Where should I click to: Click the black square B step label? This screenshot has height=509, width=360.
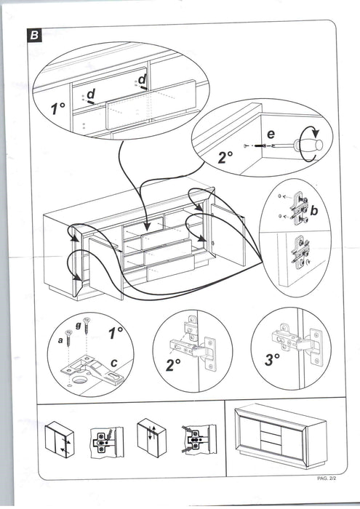(34, 36)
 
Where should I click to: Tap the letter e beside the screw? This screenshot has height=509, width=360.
(271, 134)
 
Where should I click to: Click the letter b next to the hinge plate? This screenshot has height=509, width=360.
(314, 211)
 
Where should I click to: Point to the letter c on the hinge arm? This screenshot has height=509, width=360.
(113, 363)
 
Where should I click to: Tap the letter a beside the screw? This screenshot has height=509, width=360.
(60, 340)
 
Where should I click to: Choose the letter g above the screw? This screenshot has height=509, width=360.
(78, 326)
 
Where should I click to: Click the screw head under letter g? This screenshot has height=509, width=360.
(87, 321)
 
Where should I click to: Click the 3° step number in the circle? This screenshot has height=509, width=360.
(272, 360)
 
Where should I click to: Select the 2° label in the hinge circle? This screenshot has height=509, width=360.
(173, 365)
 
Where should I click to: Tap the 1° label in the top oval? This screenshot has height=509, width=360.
(57, 108)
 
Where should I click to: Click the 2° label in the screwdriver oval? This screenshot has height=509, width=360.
(225, 157)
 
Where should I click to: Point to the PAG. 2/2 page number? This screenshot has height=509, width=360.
(327, 478)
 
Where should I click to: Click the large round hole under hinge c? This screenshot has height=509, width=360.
(80, 380)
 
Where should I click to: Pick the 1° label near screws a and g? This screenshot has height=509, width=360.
(116, 333)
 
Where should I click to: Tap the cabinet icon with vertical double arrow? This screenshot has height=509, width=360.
(151, 437)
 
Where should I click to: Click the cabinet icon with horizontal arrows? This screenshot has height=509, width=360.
(60, 439)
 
